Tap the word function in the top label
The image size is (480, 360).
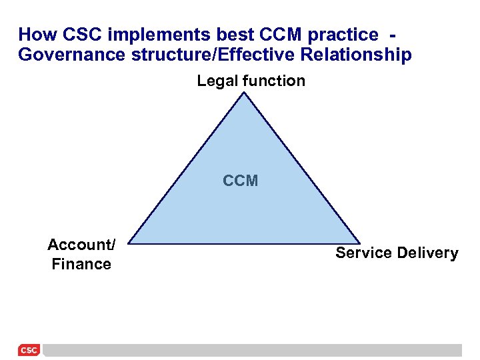(x=273, y=81)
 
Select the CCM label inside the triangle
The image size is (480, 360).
(x=240, y=181)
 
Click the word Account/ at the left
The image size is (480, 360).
(x=81, y=245)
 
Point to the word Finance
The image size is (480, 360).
(x=81, y=264)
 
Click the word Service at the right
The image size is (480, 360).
(x=363, y=253)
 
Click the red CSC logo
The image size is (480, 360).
(x=29, y=350)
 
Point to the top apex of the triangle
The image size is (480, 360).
(x=245, y=93)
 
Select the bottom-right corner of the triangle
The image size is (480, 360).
(x=360, y=243)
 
